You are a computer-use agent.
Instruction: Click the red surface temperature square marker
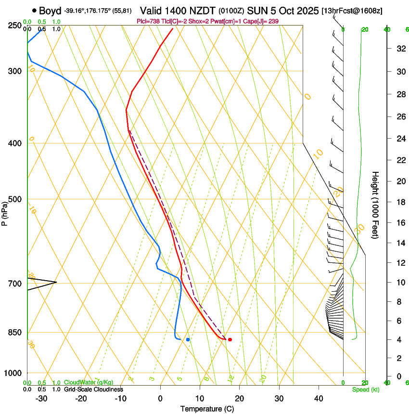230,340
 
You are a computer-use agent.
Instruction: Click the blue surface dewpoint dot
188,340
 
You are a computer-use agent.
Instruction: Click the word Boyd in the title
50,10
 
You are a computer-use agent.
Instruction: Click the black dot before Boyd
34,10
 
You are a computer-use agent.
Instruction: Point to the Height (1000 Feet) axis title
376,205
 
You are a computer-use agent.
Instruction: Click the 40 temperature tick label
319,398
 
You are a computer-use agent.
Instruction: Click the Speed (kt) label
365,389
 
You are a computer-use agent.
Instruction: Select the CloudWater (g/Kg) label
89,383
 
